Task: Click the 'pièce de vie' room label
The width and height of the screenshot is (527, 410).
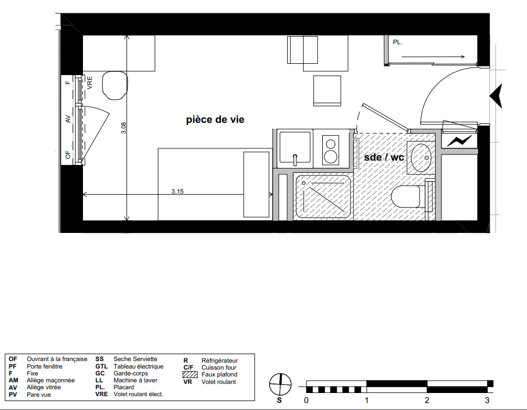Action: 215,120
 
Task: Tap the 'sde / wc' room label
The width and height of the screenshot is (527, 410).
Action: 384,157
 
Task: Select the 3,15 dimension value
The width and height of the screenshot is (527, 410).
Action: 178,191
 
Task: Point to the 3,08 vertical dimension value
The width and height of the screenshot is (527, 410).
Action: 124,128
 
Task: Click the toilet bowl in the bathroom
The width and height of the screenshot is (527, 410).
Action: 406,197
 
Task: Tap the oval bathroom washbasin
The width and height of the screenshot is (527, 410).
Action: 421,157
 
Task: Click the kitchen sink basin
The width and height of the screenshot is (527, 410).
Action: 295,147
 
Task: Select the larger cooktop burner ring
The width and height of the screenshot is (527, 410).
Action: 331,157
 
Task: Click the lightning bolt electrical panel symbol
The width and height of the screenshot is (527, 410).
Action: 459,141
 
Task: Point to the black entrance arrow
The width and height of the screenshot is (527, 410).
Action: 496,96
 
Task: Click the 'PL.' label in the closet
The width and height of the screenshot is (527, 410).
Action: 397,43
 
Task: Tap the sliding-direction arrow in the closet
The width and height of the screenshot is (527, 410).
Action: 433,57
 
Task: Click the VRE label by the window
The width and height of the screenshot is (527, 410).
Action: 90,82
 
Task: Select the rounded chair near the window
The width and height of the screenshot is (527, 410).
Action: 115,86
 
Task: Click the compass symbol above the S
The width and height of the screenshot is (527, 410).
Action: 280,384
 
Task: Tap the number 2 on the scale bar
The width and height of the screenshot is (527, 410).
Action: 427,400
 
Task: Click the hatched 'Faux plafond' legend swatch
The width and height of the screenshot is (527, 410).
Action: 190,374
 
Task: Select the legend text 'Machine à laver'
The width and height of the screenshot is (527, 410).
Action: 136,380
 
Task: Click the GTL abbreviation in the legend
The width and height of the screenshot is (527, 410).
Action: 101,366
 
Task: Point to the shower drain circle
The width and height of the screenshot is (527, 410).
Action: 304,183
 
